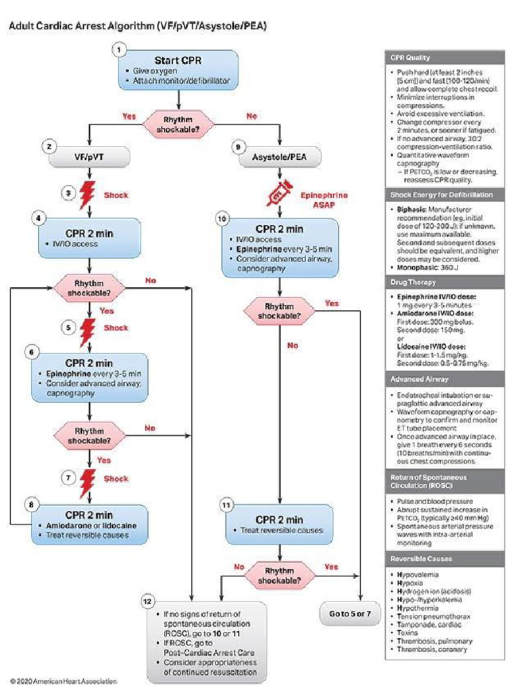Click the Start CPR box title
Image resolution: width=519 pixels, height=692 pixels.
click(x=178, y=59)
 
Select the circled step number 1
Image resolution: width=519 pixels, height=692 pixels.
click(x=119, y=50)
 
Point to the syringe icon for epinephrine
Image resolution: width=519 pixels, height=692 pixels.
click(x=278, y=195)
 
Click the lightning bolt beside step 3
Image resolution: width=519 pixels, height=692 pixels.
click(x=88, y=195)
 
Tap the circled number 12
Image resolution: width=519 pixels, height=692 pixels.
click(x=149, y=601)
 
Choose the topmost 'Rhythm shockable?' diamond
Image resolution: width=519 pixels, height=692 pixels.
click(x=178, y=122)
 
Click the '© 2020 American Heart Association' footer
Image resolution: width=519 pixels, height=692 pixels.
click(x=63, y=681)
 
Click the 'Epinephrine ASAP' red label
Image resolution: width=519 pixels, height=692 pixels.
click(x=326, y=199)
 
